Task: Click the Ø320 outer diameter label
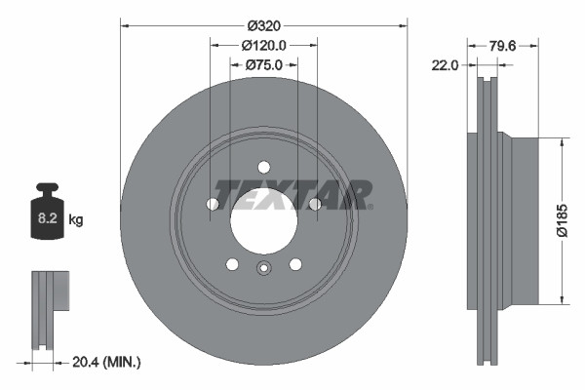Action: [x=263, y=23]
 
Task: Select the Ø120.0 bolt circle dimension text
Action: [x=263, y=44]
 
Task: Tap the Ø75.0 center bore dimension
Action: [x=263, y=64]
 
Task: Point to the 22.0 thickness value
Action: [x=446, y=64]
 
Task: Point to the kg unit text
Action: [x=76, y=220]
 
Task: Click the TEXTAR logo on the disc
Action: [x=292, y=194]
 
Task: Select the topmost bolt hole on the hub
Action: [x=263, y=167]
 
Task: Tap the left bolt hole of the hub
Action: [x=213, y=204]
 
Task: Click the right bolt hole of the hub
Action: [x=314, y=204]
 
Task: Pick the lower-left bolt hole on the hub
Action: [x=232, y=263]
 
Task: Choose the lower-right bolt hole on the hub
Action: [x=294, y=263]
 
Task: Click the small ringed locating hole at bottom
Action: [x=263, y=270]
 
